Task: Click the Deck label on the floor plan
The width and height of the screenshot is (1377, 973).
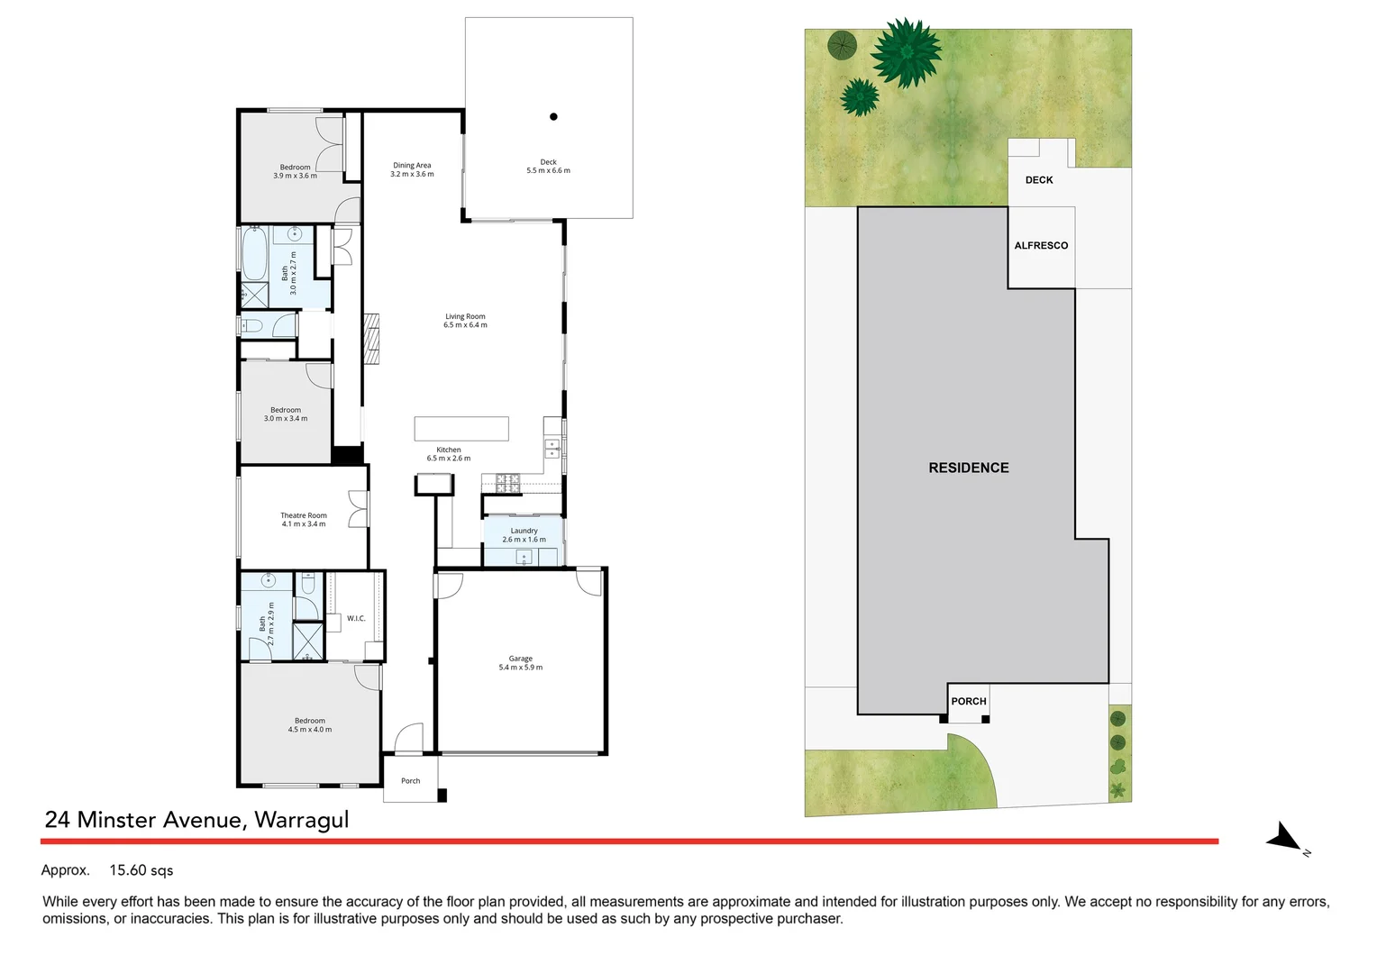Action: pos(548,162)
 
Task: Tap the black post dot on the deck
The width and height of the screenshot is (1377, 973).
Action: pos(553,116)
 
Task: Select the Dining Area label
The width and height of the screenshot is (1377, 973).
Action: pos(412,166)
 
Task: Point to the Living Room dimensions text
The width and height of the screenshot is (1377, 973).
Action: pos(465,325)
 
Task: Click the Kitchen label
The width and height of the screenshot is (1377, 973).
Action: pos(449,450)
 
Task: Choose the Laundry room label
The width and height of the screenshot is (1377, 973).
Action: pos(524,531)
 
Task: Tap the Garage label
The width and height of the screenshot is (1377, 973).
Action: pos(520,659)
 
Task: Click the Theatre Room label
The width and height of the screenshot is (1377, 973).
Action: pos(304,515)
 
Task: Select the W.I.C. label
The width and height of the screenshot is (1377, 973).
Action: pos(356,618)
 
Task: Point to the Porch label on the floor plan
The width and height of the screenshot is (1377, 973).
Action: pos(411,781)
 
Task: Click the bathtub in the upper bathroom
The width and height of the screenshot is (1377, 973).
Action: pos(255,255)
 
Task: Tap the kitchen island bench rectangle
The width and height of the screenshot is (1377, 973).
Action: pos(461,429)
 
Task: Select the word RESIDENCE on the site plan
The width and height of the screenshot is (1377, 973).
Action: pos(969,468)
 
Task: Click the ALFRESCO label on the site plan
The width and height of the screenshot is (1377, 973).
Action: pos(1041,246)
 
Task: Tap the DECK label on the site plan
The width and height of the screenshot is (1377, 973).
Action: pos(1039,180)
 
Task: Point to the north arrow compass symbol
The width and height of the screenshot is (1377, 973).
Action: pos(1285,839)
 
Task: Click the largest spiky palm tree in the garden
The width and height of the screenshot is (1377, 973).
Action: pos(906,52)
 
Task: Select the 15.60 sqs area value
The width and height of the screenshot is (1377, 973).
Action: pos(141,870)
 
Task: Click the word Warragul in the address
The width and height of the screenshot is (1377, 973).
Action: pos(301,820)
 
